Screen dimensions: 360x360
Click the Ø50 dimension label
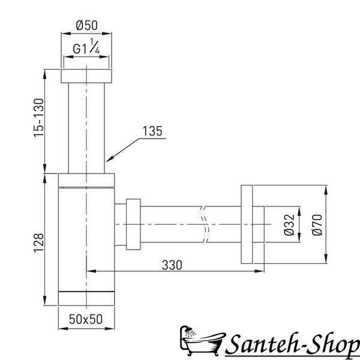tap(87, 25)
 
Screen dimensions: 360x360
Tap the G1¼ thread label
tap(86, 46)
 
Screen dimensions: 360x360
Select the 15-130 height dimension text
tap(38, 118)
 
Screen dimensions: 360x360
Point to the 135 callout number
tap(152, 131)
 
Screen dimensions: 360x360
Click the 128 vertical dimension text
tap(38, 243)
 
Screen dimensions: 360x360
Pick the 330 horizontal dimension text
tap(172, 265)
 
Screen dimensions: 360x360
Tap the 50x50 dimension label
tap(86, 319)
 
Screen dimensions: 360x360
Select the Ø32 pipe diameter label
tap(289, 224)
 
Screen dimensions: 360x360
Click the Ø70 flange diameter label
tap(317, 224)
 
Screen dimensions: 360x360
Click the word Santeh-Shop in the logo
tap(293, 344)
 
